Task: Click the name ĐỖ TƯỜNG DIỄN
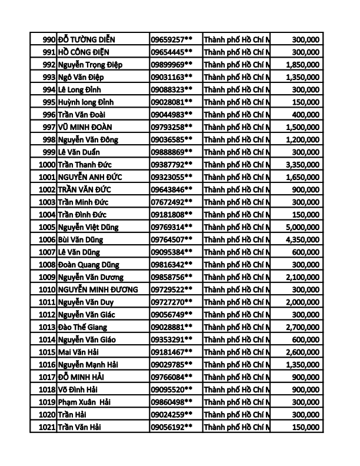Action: pyautogui.click(x=86, y=39)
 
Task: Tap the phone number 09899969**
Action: pyautogui.click(x=172, y=64)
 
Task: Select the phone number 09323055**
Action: pyautogui.click(x=172, y=177)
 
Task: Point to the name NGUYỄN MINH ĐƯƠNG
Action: pyautogui.click(x=98, y=289)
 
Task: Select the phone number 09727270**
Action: pyautogui.click(x=172, y=301)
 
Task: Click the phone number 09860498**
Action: pyautogui.click(x=172, y=401)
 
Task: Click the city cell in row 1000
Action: pyautogui.click(x=236, y=164)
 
